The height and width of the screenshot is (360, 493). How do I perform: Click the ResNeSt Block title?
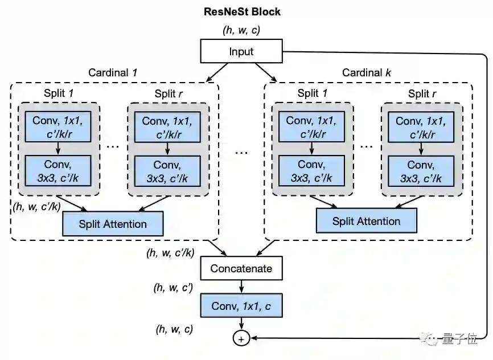(242, 11)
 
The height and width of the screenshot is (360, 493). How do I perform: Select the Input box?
(241, 52)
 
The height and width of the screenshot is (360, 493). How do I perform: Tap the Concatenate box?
(241, 268)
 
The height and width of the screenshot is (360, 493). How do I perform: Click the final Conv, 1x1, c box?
(241, 306)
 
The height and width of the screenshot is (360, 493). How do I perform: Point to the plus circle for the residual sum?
(241, 339)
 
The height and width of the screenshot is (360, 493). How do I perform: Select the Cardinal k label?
(367, 73)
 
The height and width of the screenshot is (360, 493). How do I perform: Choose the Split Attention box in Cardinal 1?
(113, 224)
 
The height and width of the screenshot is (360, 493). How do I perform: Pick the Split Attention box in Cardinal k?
(367, 221)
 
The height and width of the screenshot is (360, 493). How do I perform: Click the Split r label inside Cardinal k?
(422, 93)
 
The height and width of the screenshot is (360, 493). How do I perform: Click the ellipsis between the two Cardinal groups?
(241, 152)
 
